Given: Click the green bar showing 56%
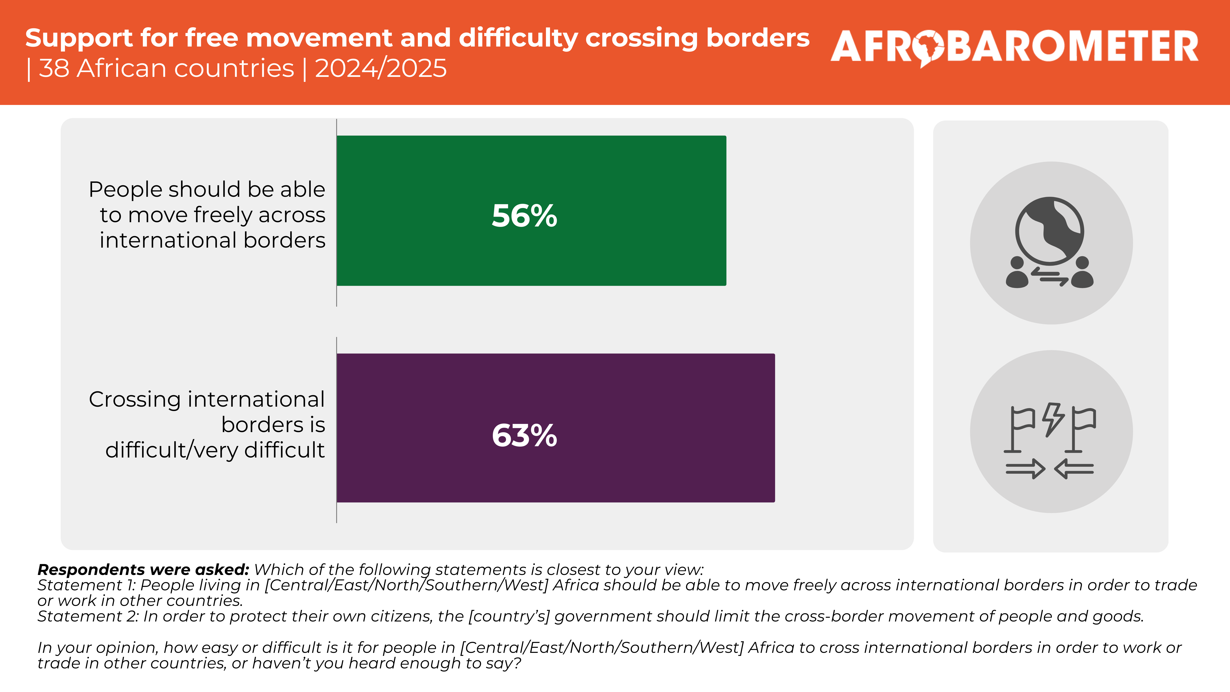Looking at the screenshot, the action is pos(531,211).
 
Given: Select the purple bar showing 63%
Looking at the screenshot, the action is pos(556,428).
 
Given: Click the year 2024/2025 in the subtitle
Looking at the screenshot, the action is pos(380,68).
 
